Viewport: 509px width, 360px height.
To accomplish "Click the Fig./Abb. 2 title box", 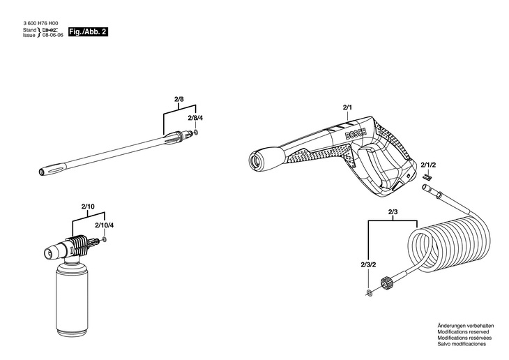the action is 88,32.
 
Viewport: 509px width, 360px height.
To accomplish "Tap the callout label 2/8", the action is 179,99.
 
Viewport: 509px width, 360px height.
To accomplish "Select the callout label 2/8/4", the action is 195,118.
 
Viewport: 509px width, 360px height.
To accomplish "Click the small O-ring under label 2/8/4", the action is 195,133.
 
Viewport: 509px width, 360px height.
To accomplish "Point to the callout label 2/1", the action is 347,107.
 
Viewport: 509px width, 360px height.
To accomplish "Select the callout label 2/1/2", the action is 428,165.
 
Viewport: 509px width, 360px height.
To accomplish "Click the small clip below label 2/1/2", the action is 428,176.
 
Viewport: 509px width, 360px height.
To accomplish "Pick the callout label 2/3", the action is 393,212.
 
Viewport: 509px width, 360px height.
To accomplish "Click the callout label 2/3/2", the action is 368,264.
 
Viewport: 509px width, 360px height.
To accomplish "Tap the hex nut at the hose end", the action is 386,283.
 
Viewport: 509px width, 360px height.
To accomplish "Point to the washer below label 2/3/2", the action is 369,292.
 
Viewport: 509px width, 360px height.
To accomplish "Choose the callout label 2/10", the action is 88,207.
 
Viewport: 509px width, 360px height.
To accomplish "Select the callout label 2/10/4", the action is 104,225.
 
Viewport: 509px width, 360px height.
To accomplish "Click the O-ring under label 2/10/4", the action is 104,240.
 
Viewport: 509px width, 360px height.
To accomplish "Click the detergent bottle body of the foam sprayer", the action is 72,299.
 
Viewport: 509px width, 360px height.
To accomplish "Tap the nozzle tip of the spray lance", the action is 43,172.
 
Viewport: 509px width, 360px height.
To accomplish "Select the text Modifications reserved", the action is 463,331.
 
